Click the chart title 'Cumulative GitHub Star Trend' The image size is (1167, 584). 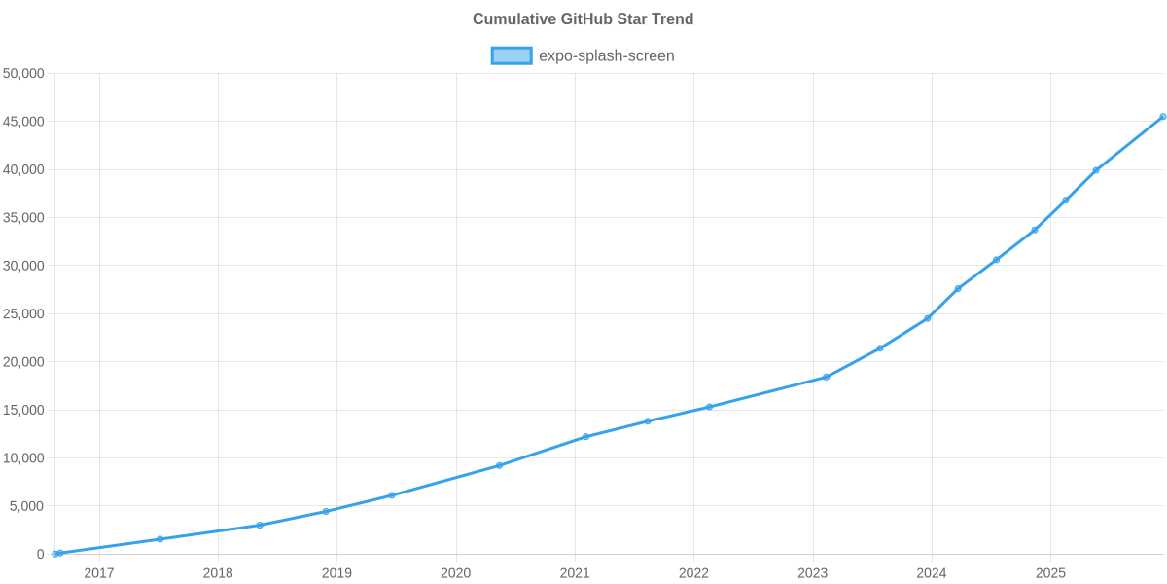tap(583, 19)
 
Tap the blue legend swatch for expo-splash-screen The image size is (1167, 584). tap(511, 55)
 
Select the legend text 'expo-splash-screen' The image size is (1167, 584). tap(606, 55)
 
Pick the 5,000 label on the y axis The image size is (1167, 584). tap(27, 506)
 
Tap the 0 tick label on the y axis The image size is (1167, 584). tap(41, 554)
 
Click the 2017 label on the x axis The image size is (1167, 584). tap(99, 573)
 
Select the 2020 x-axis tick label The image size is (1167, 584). tap(455, 573)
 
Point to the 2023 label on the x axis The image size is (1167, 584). tap(812, 573)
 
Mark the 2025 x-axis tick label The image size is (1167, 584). tap(1050, 573)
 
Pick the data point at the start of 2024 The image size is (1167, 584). tap(927, 318)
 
